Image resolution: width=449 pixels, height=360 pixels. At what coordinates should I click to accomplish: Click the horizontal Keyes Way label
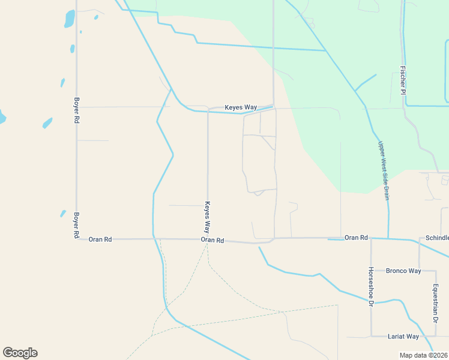tap(241, 107)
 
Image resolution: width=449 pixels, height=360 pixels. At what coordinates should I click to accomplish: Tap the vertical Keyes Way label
tap(207, 217)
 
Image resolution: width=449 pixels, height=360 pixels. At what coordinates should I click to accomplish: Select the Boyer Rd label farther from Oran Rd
tap(77, 110)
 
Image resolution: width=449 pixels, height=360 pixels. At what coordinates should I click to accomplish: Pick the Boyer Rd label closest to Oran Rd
tap(77, 226)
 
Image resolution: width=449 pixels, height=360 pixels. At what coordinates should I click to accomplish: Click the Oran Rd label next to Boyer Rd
tap(100, 239)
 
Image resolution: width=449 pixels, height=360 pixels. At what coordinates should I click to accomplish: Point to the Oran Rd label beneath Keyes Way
tap(212, 240)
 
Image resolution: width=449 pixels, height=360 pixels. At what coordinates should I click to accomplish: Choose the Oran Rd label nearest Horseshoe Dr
tap(356, 238)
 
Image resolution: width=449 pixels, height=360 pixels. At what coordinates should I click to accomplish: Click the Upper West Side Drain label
tap(384, 170)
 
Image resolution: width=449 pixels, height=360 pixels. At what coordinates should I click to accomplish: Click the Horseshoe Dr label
tap(371, 287)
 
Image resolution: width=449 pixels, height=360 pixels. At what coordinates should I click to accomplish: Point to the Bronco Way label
tap(403, 271)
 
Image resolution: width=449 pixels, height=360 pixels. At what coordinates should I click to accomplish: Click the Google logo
tap(20, 353)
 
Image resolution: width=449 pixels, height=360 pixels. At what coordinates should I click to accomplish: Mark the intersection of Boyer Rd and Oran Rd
tap(77, 239)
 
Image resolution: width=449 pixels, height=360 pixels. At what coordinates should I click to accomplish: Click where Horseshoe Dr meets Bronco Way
tap(371, 271)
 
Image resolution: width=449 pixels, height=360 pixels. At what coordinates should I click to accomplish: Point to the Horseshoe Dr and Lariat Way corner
tap(371, 336)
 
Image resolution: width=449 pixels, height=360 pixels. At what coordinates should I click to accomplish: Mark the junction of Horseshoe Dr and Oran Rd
tap(371, 238)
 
